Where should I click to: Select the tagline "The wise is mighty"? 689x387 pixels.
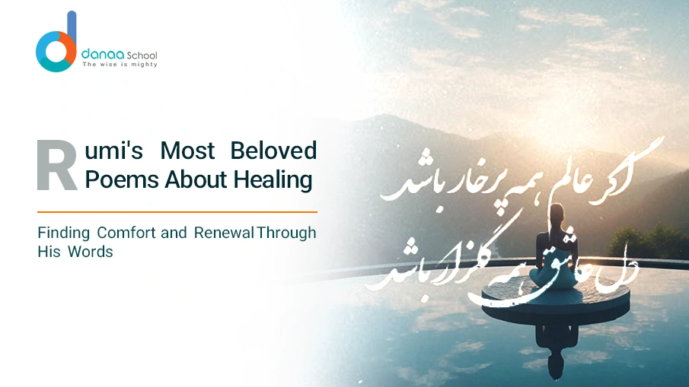click(120, 65)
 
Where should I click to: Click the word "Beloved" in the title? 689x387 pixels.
click(273, 151)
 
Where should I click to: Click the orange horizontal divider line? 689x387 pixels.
click(177, 211)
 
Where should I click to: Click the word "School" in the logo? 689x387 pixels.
click(143, 56)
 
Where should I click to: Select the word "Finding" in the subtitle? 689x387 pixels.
click(63, 233)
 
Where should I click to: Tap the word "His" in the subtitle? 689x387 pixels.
click(48, 252)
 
